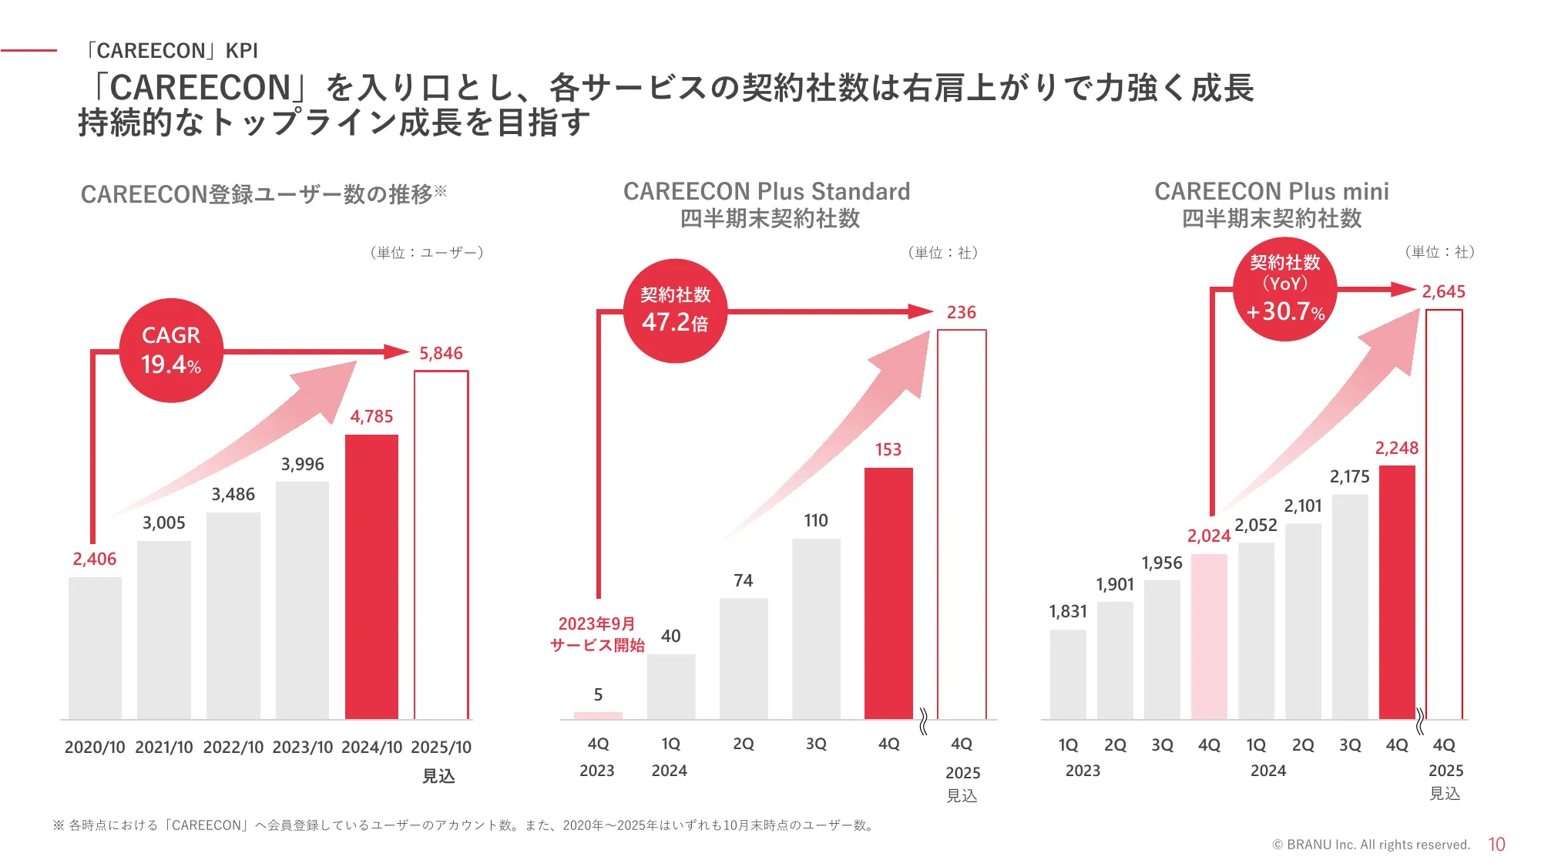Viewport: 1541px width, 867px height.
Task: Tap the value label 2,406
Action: point(95,559)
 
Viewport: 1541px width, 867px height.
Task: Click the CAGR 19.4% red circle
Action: point(171,351)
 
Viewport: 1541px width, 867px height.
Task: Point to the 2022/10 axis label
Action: point(233,747)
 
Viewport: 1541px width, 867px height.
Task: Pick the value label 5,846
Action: point(441,353)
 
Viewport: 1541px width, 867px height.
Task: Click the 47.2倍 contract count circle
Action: point(675,311)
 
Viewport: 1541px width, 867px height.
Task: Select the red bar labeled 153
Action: point(888,593)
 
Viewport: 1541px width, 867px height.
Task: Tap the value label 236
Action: point(961,312)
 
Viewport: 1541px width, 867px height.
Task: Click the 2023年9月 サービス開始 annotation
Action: point(597,634)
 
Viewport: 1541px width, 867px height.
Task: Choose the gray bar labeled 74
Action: point(744,658)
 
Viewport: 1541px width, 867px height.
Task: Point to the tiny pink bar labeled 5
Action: point(598,715)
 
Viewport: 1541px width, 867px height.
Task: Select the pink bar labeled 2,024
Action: point(1209,636)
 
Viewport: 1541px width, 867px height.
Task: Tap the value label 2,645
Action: point(1443,291)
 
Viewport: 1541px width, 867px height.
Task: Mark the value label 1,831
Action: point(1068,611)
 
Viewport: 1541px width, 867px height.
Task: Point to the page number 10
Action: point(1496,845)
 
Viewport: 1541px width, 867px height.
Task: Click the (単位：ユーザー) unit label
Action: point(426,252)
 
